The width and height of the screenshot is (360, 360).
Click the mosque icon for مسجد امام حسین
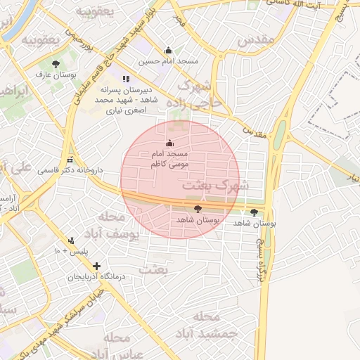[x=168, y=51]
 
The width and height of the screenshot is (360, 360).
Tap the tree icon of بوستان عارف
[x=56, y=65]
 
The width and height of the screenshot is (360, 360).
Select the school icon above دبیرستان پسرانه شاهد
[x=126, y=79]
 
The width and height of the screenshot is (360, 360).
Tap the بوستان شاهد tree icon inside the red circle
[x=197, y=209]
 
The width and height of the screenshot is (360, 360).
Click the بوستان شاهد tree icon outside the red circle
[x=254, y=212]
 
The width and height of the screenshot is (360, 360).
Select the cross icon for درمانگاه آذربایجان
[x=96, y=266]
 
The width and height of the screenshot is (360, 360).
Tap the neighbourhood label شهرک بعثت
[x=215, y=186]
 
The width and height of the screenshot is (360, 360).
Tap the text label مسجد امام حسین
[x=168, y=61]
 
